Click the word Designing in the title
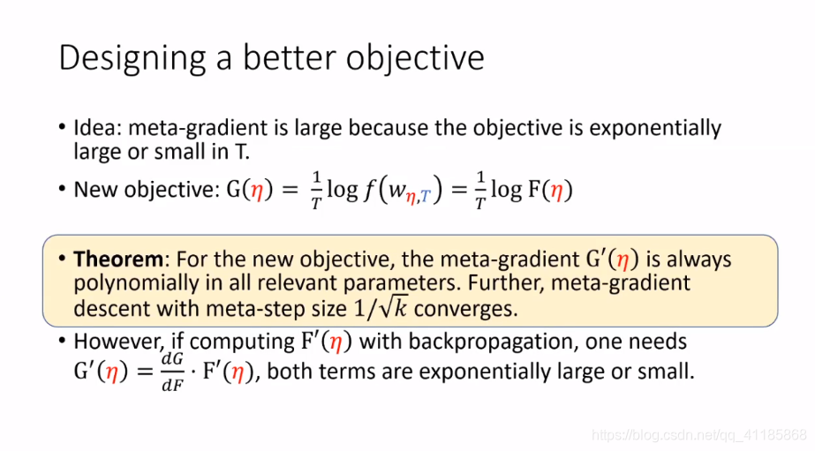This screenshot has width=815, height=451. click(132, 58)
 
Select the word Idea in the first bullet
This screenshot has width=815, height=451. click(96, 128)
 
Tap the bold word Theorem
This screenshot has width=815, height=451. click(118, 259)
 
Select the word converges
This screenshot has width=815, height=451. click(465, 310)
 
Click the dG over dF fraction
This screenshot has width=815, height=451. click(172, 372)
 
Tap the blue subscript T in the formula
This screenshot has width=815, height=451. click(426, 197)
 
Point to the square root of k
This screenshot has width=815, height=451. click(394, 309)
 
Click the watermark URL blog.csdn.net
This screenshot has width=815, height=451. click(699, 435)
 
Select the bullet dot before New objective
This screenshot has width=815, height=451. click(63, 189)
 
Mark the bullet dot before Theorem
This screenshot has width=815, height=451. click(63, 259)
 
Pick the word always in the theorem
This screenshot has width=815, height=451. click(699, 259)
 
